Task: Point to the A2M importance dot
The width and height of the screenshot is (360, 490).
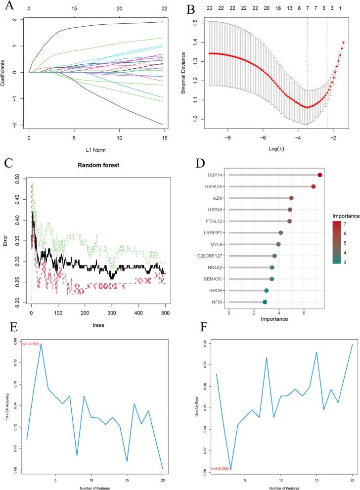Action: (x=291, y=198)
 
